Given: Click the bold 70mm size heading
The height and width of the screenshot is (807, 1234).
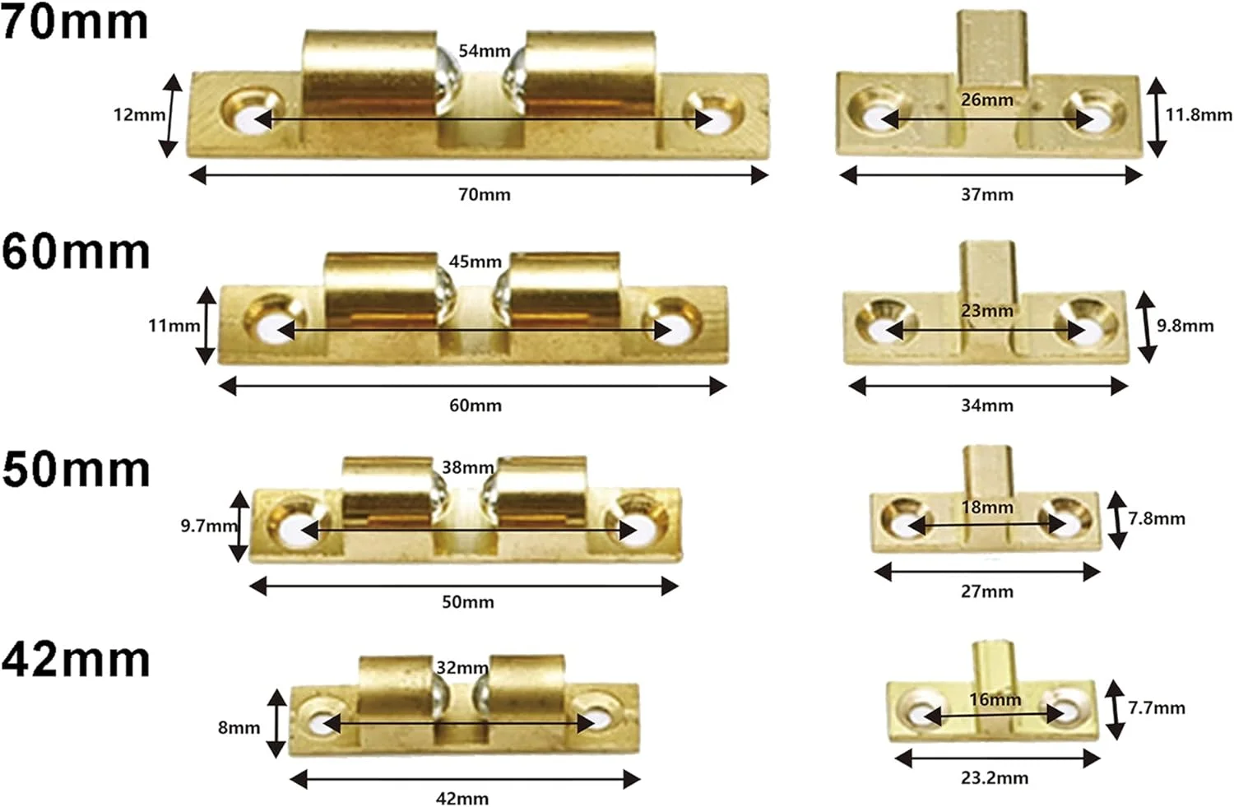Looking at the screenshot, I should pyautogui.click(x=75, y=22).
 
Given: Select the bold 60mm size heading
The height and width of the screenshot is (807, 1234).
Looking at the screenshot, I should pyautogui.click(x=76, y=252).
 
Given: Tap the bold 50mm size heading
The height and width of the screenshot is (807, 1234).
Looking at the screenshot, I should pyautogui.click(x=76, y=470).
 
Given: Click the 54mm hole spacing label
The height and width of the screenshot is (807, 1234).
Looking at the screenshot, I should pyautogui.click(x=484, y=51).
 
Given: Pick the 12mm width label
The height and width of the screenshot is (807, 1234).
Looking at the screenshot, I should pyautogui.click(x=138, y=114).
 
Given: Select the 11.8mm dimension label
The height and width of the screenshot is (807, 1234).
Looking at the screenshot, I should pyautogui.click(x=1198, y=114).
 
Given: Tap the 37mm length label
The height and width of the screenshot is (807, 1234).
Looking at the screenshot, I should pyautogui.click(x=986, y=195).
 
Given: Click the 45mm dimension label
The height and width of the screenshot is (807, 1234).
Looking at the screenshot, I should pyautogui.click(x=475, y=262).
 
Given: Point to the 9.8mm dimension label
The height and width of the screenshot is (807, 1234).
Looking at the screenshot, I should pyautogui.click(x=1185, y=326).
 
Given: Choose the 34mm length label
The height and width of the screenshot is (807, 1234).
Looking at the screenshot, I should pyautogui.click(x=986, y=406).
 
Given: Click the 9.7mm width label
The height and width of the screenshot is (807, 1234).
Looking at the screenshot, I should pyautogui.click(x=206, y=525).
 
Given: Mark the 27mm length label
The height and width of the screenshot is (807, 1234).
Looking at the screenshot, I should pyautogui.click(x=986, y=591).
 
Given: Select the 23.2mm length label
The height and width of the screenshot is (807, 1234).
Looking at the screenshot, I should pyautogui.click(x=994, y=778).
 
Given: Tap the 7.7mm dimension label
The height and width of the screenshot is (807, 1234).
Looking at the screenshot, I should pyautogui.click(x=1156, y=707).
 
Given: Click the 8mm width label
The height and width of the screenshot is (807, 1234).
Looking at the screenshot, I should pyautogui.click(x=239, y=727).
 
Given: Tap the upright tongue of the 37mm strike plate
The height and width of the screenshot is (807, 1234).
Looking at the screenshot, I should pyautogui.click(x=991, y=45).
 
